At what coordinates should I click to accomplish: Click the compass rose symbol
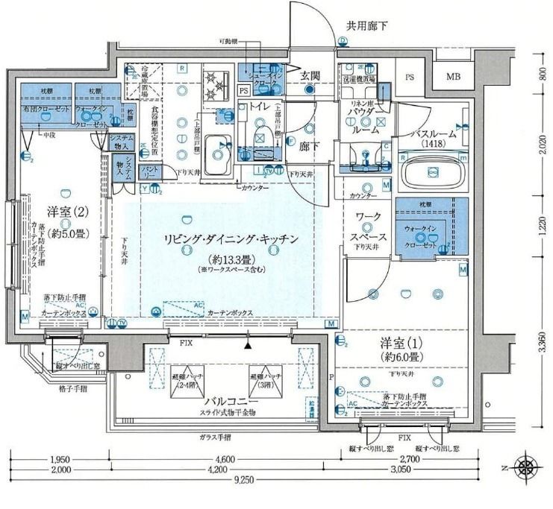pyautogui.click(x=527, y=467)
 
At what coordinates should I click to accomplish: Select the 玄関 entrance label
pyautogui.click(x=310, y=75)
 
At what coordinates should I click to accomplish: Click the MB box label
pyautogui.click(x=454, y=77)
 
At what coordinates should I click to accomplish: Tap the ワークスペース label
pyautogui.click(x=367, y=223)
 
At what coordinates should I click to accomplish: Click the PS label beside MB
pyautogui.click(x=410, y=77)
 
